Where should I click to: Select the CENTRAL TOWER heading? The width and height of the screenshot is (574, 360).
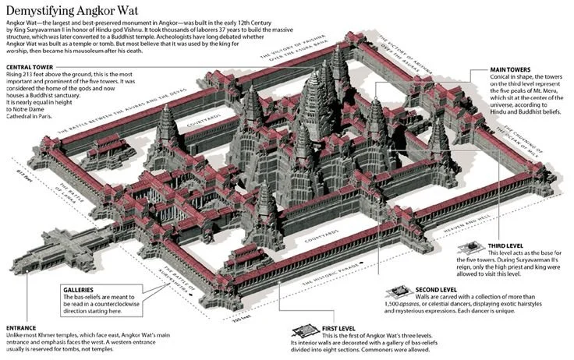35,67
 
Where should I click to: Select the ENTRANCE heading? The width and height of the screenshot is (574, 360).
21,327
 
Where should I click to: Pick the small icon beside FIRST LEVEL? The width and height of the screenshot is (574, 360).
305,330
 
